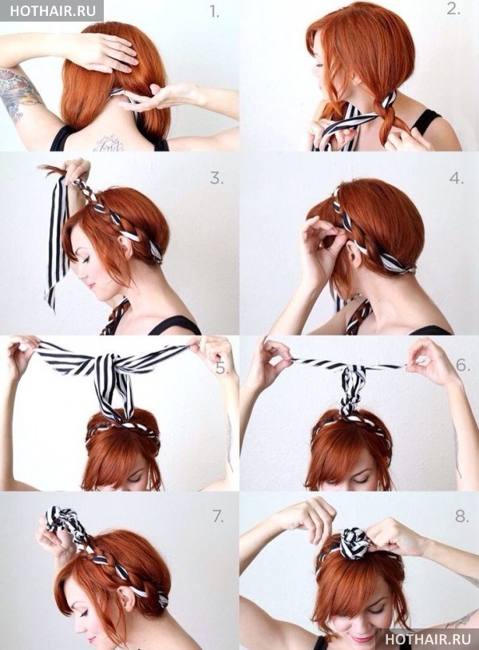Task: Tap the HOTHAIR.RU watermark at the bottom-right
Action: (428, 638)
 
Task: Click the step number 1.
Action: (214, 13)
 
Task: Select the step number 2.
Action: (453, 9)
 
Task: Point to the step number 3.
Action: (216, 178)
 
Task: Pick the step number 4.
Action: (456, 179)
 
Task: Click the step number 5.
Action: (222, 367)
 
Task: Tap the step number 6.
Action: (463, 365)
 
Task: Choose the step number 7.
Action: (218, 517)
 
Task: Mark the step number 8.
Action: (462, 516)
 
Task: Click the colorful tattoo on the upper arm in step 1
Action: (18, 93)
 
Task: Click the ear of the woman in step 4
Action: (352, 253)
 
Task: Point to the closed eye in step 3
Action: (88, 261)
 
